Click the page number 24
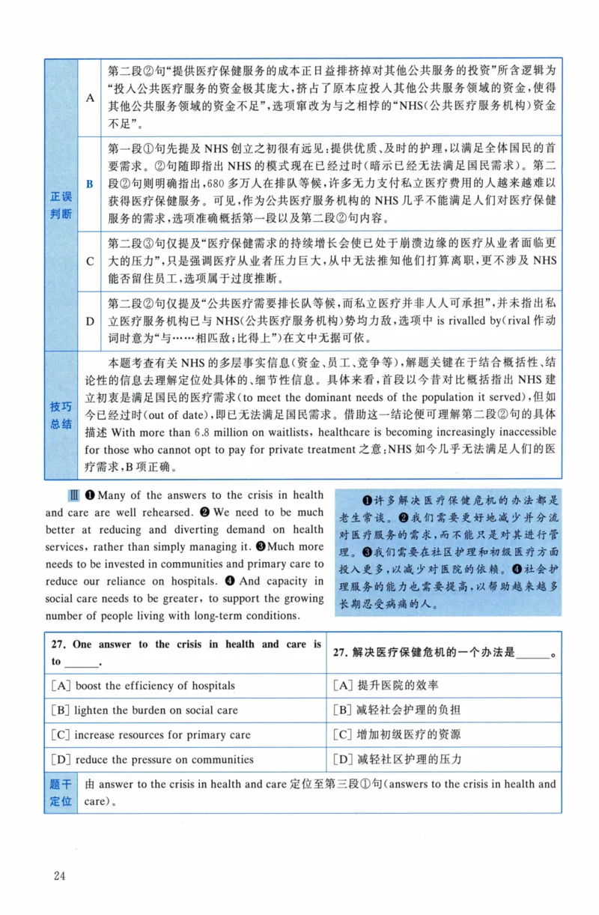[60, 875]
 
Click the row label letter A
[90, 97]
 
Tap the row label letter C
[90, 261]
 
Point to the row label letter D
[90, 321]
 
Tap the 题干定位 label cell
[61, 793]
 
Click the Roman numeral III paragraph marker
[73, 495]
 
